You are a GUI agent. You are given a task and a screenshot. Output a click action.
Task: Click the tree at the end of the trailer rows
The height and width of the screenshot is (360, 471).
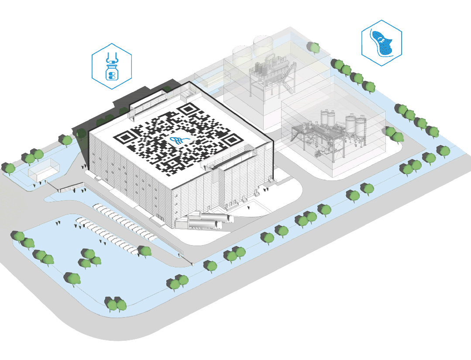coord(144,252)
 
